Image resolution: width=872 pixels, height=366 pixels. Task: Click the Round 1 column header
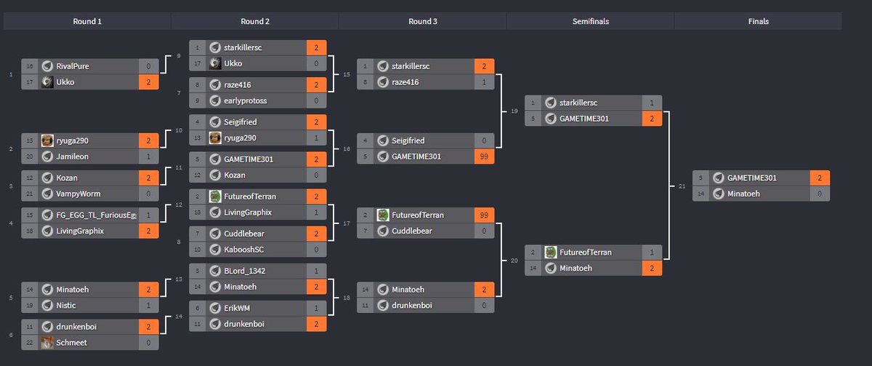click(x=87, y=21)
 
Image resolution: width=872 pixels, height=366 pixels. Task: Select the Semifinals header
click(x=590, y=21)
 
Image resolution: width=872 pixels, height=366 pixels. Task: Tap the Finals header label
click(x=758, y=21)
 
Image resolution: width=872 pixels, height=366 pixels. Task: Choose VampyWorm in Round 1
click(x=79, y=194)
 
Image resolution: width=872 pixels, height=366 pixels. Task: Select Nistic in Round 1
click(x=66, y=306)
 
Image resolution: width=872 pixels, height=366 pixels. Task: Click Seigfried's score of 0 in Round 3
click(x=484, y=140)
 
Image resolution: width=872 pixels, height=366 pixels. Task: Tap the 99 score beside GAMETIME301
click(x=484, y=156)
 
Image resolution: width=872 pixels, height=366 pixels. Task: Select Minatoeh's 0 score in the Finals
click(x=820, y=194)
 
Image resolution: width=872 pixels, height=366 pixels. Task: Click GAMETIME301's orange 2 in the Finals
click(x=820, y=178)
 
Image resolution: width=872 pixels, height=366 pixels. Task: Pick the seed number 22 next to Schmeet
click(x=30, y=342)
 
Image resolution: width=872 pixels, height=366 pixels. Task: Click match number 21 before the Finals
click(x=681, y=186)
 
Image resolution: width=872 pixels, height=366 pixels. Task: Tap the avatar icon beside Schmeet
click(x=47, y=342)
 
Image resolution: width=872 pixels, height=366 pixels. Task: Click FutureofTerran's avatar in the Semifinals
click(x=551, y=252)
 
